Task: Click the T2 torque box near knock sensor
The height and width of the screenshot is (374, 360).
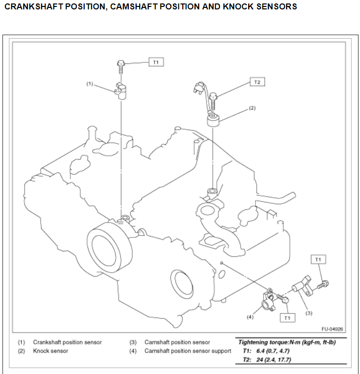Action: (257, 82)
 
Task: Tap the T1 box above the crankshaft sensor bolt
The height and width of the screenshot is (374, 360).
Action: (155, 62)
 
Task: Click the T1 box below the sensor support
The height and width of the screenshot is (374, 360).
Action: (287, 318)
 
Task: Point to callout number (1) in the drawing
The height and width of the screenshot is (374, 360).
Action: (90, 84)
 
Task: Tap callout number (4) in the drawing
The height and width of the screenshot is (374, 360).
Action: (250, 317)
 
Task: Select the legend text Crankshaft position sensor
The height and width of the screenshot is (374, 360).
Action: (67, 342)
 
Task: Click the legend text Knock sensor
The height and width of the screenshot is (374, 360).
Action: (51, 351)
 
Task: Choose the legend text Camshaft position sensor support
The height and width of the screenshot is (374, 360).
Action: (188, 351)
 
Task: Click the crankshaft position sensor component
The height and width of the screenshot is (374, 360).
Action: (121, 92)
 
